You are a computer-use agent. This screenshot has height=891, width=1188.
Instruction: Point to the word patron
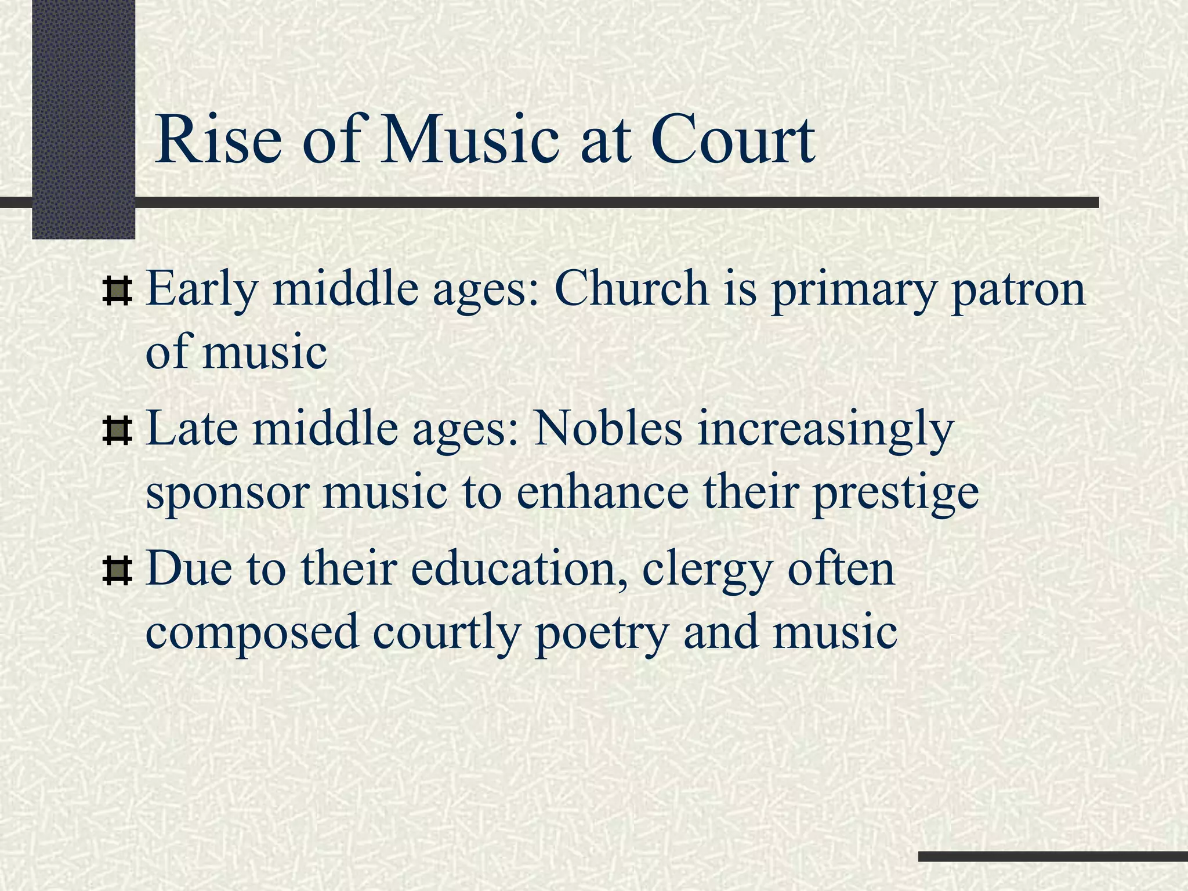point(1017,290)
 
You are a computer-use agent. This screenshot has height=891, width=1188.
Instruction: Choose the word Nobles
point(607,429)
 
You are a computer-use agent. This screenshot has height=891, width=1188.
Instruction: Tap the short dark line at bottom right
point(1052,856)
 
